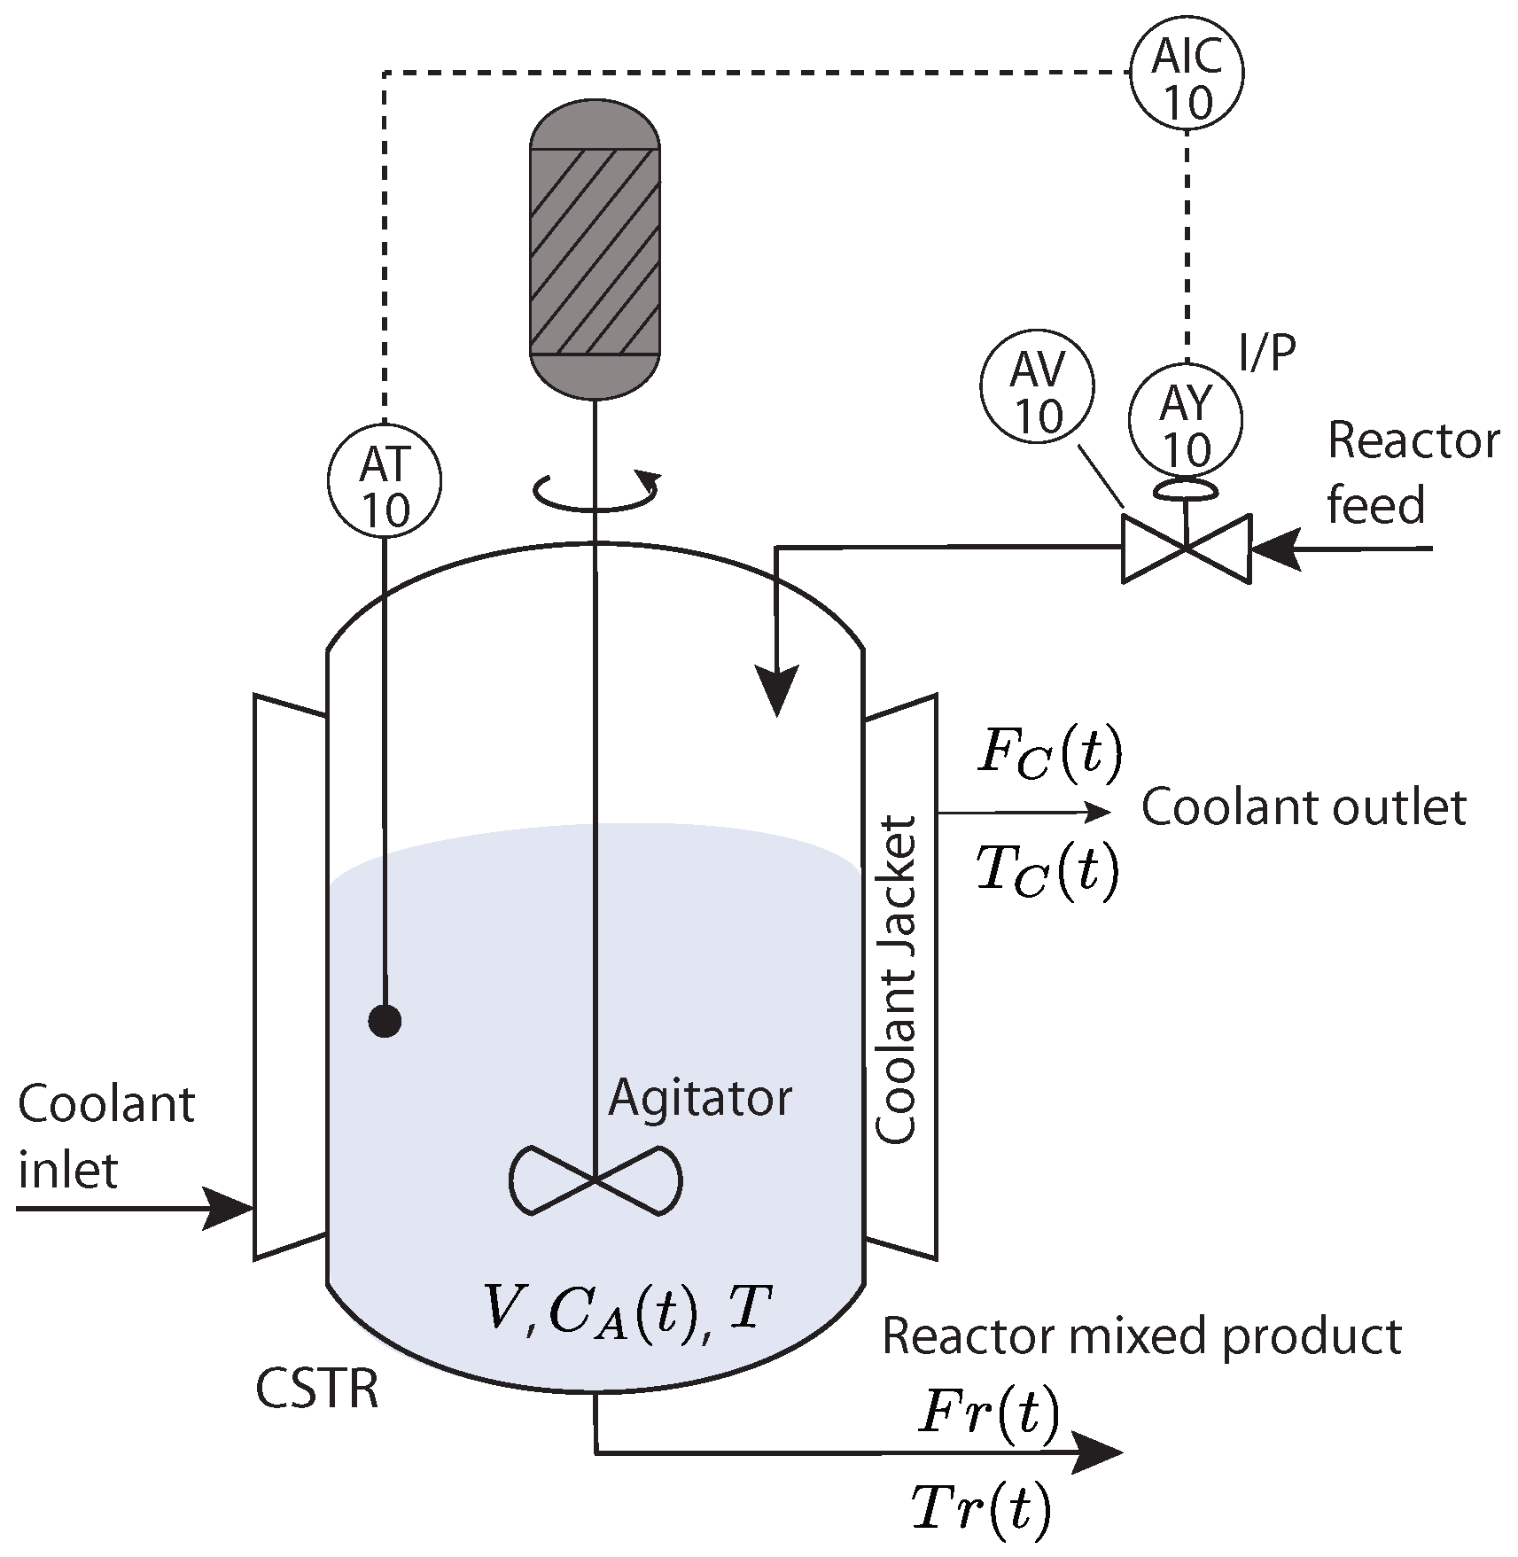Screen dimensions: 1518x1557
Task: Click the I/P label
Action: tap(1267, 353)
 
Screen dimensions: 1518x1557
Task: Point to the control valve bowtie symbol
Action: tap(1187, 549)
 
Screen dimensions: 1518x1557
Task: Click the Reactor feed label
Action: tap(1413, 473)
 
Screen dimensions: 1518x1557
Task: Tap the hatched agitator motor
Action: tap(595, 249)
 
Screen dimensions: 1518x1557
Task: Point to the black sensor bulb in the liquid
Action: tap(385, 1022)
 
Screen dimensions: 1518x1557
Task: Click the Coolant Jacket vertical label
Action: tap(895, 980)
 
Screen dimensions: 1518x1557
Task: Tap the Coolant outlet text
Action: tap(1304, 808)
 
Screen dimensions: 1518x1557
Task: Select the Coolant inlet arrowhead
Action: tap(228, 1207)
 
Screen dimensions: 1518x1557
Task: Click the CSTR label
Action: tap(317, 1389)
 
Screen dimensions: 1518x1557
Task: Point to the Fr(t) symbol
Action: tap(989, 1413)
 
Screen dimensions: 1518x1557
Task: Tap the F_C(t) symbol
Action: tap(1049, 753)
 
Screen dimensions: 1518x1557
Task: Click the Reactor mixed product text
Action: tap(1141, 1337)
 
